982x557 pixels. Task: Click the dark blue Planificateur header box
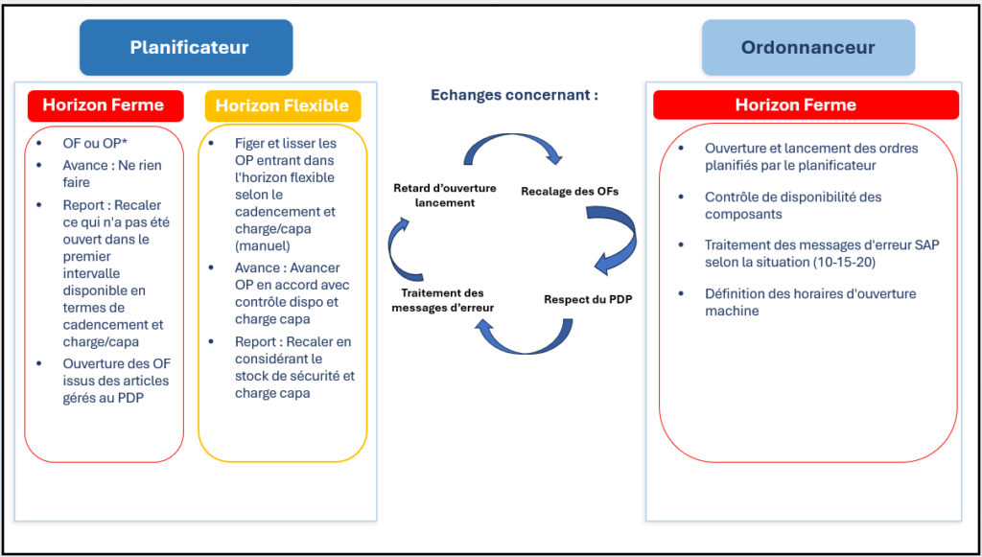(186, 48)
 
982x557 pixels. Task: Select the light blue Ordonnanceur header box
(807, 48)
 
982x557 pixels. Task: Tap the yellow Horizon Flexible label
(283, 105)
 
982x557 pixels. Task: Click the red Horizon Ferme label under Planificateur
(105, 105)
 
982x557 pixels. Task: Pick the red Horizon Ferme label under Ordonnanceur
(806, 105)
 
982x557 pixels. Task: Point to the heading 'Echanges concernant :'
(514, 95)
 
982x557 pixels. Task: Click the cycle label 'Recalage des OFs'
(570, 192)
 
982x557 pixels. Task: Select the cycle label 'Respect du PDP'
(588, 299)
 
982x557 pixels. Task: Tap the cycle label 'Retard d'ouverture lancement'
(445, 196)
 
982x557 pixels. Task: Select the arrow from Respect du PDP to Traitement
(526, 347)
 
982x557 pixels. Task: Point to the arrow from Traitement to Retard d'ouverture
(395, 250)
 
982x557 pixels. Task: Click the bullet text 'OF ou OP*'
(92, 143)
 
